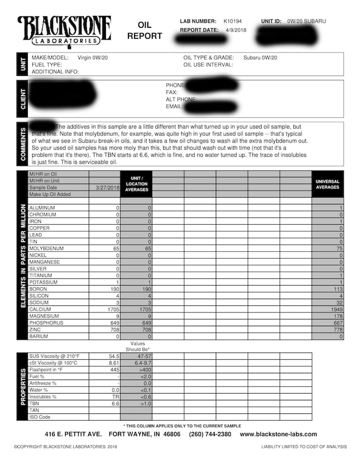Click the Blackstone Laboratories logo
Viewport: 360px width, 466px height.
click(x=64, y=30)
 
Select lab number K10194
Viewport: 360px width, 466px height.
click(x=232, y=21)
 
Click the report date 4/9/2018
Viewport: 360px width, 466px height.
click(x=236, y=30)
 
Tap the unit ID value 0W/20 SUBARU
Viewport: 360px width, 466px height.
click(x=307, y=21)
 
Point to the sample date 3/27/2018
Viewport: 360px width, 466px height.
click(x=108, y=188)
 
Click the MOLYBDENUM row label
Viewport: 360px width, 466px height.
click(x=46, y=248)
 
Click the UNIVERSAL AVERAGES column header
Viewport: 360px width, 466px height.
click(x=327, y=184)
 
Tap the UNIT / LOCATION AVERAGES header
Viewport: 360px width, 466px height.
click(x=136, y=184)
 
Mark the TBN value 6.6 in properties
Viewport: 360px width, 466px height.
click(x=116, y=404)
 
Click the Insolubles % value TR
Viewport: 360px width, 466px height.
click(x=116, y=397)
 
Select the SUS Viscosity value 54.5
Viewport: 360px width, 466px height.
click(x=114, y=356)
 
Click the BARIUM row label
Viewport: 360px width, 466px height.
click(x=39, y=336)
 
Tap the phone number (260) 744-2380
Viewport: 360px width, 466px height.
click(x=210, y=434)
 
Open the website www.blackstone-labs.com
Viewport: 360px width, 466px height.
click(x=278, y=434)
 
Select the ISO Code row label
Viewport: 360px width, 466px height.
click(x=40, y=417)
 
